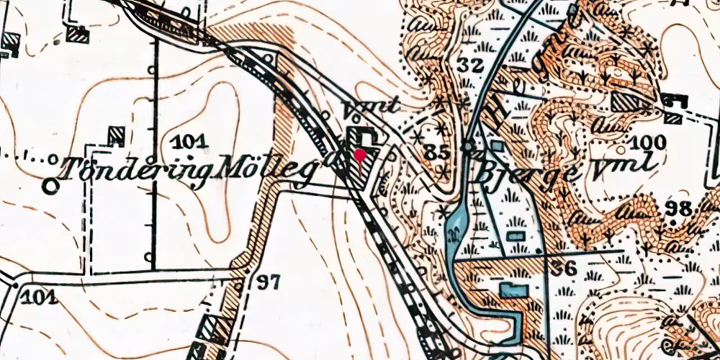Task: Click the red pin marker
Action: pyautogui.click(x=359, y=154)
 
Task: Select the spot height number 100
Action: pyautogui.click(x=644, y=140)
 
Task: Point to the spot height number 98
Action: pyautogui.click(x=678, y=209)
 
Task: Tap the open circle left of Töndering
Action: pyautogui.click(x=50, y=186)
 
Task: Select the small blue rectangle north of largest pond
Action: pyautogui.click(x=515, y=235)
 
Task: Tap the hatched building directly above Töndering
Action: pyautogui.click(x=115, y=133)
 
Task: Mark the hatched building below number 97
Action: pyautogui.click(x=213, y=328)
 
